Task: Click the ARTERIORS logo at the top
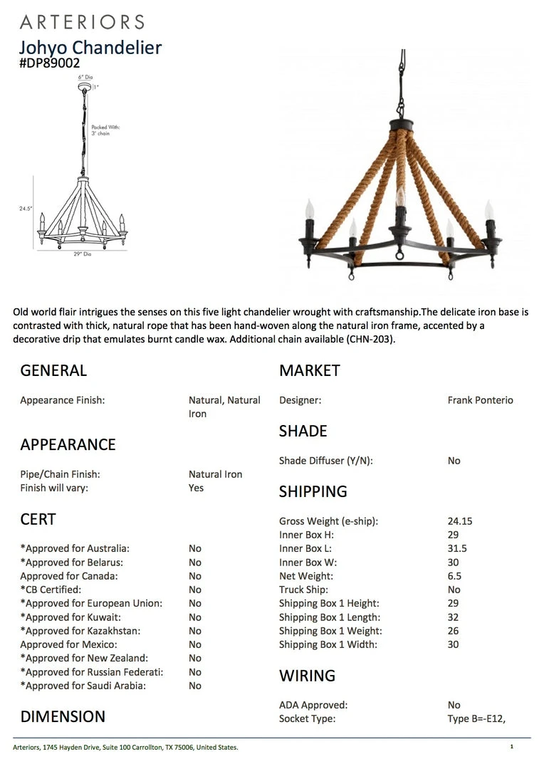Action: [x=82, y=22]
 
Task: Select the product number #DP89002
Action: [x=50, y=63]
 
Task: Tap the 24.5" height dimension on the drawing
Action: [x=26, y=209]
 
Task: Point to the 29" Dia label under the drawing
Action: [x=83, y=254]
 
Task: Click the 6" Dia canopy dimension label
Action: [x=85, y=77]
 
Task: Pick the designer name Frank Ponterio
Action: [x=480, y=400]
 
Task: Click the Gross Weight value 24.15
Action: [x=460, y=521]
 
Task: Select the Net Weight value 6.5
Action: [x=454, y=576]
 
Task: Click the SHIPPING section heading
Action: [x=313, y=492]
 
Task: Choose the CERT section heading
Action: [x=38, y=520]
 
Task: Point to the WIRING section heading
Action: [x=307, y=676]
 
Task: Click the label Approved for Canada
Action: [x=69, y=576]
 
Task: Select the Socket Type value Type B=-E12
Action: [x=476, y=719]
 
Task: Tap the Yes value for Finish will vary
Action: [x=196, y=488]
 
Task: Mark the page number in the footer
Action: [x=511, y=747]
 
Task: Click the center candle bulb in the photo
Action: [x=399, y=197]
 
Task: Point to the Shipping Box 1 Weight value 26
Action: [x=454, y=631]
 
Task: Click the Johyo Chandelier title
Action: [x=90, y=48]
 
